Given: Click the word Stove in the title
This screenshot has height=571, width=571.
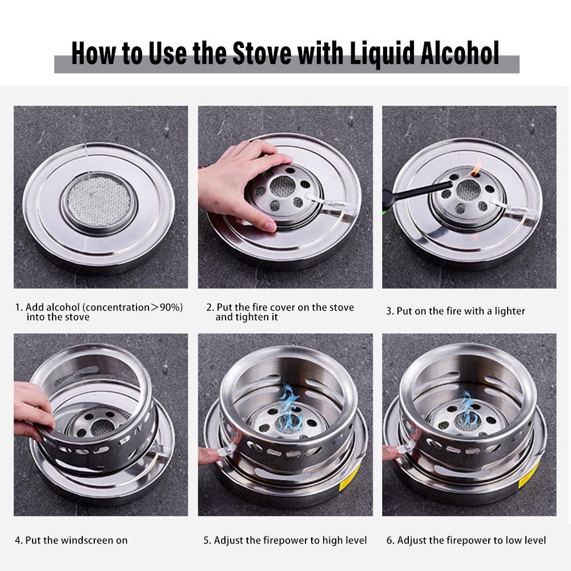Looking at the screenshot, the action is [262, 53].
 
